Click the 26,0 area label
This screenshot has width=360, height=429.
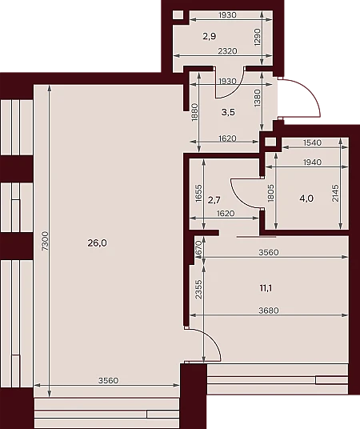coord(97,243)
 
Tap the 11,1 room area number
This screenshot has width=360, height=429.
coord(266,288)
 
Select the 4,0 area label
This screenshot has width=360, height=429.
coord(306,198)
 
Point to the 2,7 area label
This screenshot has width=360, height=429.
coord(214,200)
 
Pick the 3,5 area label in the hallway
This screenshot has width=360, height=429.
coord(228,112)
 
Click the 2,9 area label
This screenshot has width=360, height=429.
coord(210,36)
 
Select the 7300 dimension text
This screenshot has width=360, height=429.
coord(46,241)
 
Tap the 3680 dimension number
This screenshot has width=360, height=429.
coord(269,311)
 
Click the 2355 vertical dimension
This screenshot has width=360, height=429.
coord(199,289)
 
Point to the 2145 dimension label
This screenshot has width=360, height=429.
coord(335,193)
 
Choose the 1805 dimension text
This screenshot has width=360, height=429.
coord(271,193)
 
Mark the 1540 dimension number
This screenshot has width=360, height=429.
coord(313,142)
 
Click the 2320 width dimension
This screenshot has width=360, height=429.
coord(227,51)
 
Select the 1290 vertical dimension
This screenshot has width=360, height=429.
coord(258,37)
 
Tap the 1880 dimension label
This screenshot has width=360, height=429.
coord(194,112)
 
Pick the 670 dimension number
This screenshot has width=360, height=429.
coord(199,248)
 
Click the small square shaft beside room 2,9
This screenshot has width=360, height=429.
coord(178,15)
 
